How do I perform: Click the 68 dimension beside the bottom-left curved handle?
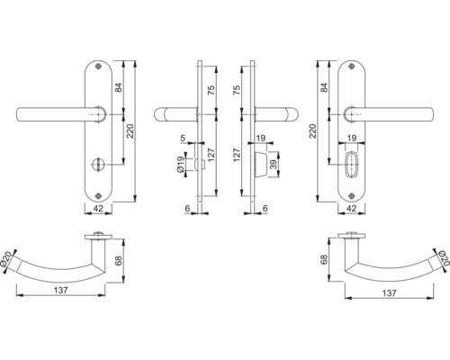pyautogui.click(x=118, y=261)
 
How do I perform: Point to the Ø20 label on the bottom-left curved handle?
pyautogui.click(x=8, y=259)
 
